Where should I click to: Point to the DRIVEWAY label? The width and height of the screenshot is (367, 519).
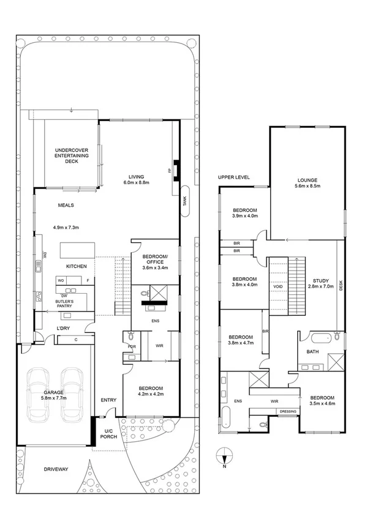point(55,469)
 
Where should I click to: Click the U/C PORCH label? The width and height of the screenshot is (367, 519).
point(110,434)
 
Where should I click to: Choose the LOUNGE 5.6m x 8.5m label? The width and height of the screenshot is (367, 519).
point(308,182)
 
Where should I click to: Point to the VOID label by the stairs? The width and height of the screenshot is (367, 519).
point(278,285)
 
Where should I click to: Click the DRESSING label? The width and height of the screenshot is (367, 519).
point(288,411)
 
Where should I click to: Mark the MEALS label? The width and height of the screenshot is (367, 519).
point(66,206)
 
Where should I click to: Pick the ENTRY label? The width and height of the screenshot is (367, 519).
point(108,400)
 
